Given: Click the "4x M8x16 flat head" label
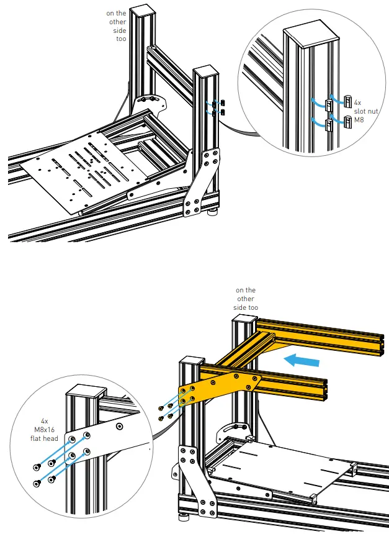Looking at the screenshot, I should (45, 428).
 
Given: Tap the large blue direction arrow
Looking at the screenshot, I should (299, 360).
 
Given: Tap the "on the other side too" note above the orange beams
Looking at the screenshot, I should (245, 299).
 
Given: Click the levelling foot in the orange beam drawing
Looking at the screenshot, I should (185, 515).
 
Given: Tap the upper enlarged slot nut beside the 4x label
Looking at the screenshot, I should (348, 101).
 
